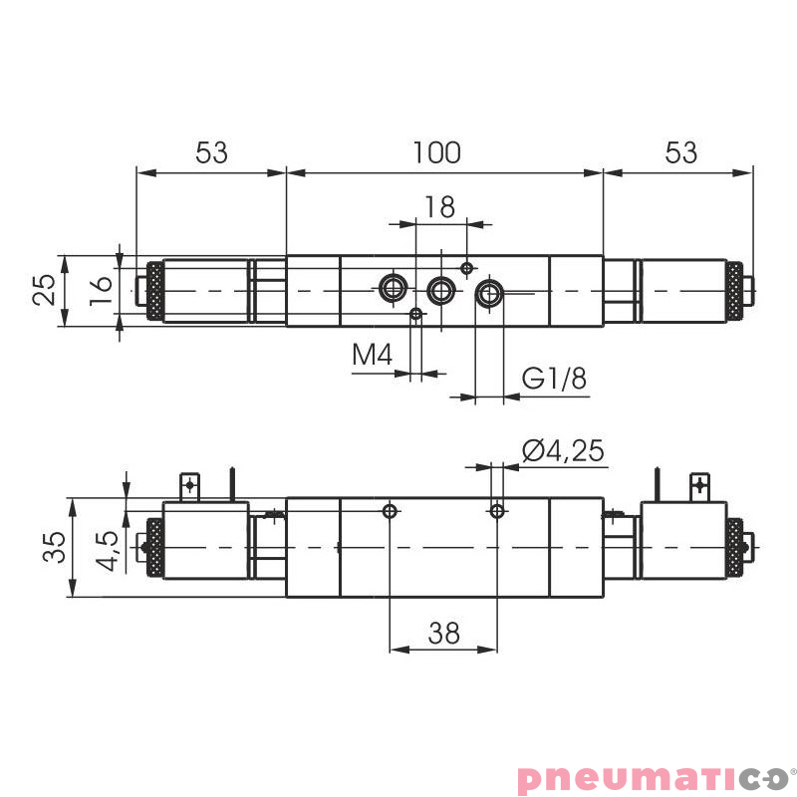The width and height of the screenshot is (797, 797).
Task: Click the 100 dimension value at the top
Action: (x=437, y=152)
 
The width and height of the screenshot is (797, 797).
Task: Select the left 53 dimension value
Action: (x=211, y=152)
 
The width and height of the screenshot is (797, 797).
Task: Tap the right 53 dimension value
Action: (x=680, y=152)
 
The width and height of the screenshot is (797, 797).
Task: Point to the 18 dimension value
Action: (x=438, y=206)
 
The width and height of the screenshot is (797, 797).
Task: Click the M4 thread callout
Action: (x=374, y=355)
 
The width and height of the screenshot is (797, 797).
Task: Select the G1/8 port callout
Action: (x=555, y=379)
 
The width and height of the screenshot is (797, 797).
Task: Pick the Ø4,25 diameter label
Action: (x=563, y=450)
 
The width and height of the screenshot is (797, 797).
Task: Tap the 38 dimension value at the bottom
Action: (x=443, y=633)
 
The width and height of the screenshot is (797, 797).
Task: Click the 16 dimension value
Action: (x=100, y=290)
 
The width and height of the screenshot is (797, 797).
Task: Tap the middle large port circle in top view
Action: (x=440, y=291)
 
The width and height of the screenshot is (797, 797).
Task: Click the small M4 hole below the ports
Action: (x=416, y=315)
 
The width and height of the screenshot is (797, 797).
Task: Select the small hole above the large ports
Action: (x=466, y=267)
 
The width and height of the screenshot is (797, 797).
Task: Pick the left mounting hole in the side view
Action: (x=391, y=512)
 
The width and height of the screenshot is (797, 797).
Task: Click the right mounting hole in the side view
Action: (x=497, y=512)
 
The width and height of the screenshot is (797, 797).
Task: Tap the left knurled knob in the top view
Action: (x=155, y=291)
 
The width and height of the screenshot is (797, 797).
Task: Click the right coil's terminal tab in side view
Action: (x=698, y=486)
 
